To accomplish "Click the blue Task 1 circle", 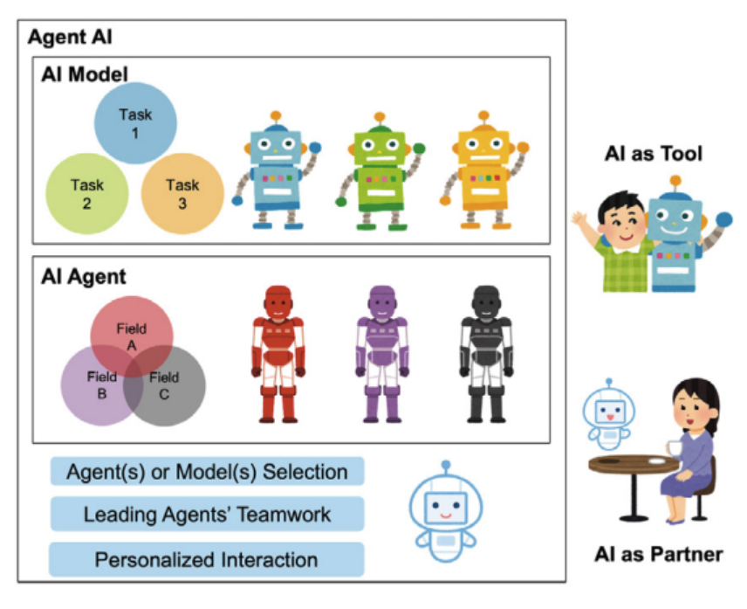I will tap(135, 123).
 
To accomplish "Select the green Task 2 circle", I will tap(86, 193).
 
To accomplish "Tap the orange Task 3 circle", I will tap(182, 193).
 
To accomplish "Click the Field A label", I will tap(132, 336).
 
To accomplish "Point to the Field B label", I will tap(101, 385).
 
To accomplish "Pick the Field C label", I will tap(163, 385).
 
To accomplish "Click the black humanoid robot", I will tap(483, 354).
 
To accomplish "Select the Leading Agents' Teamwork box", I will tap(207, 515).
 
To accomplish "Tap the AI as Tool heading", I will tap(654, 154).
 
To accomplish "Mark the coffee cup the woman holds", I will tap(674, 447).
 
